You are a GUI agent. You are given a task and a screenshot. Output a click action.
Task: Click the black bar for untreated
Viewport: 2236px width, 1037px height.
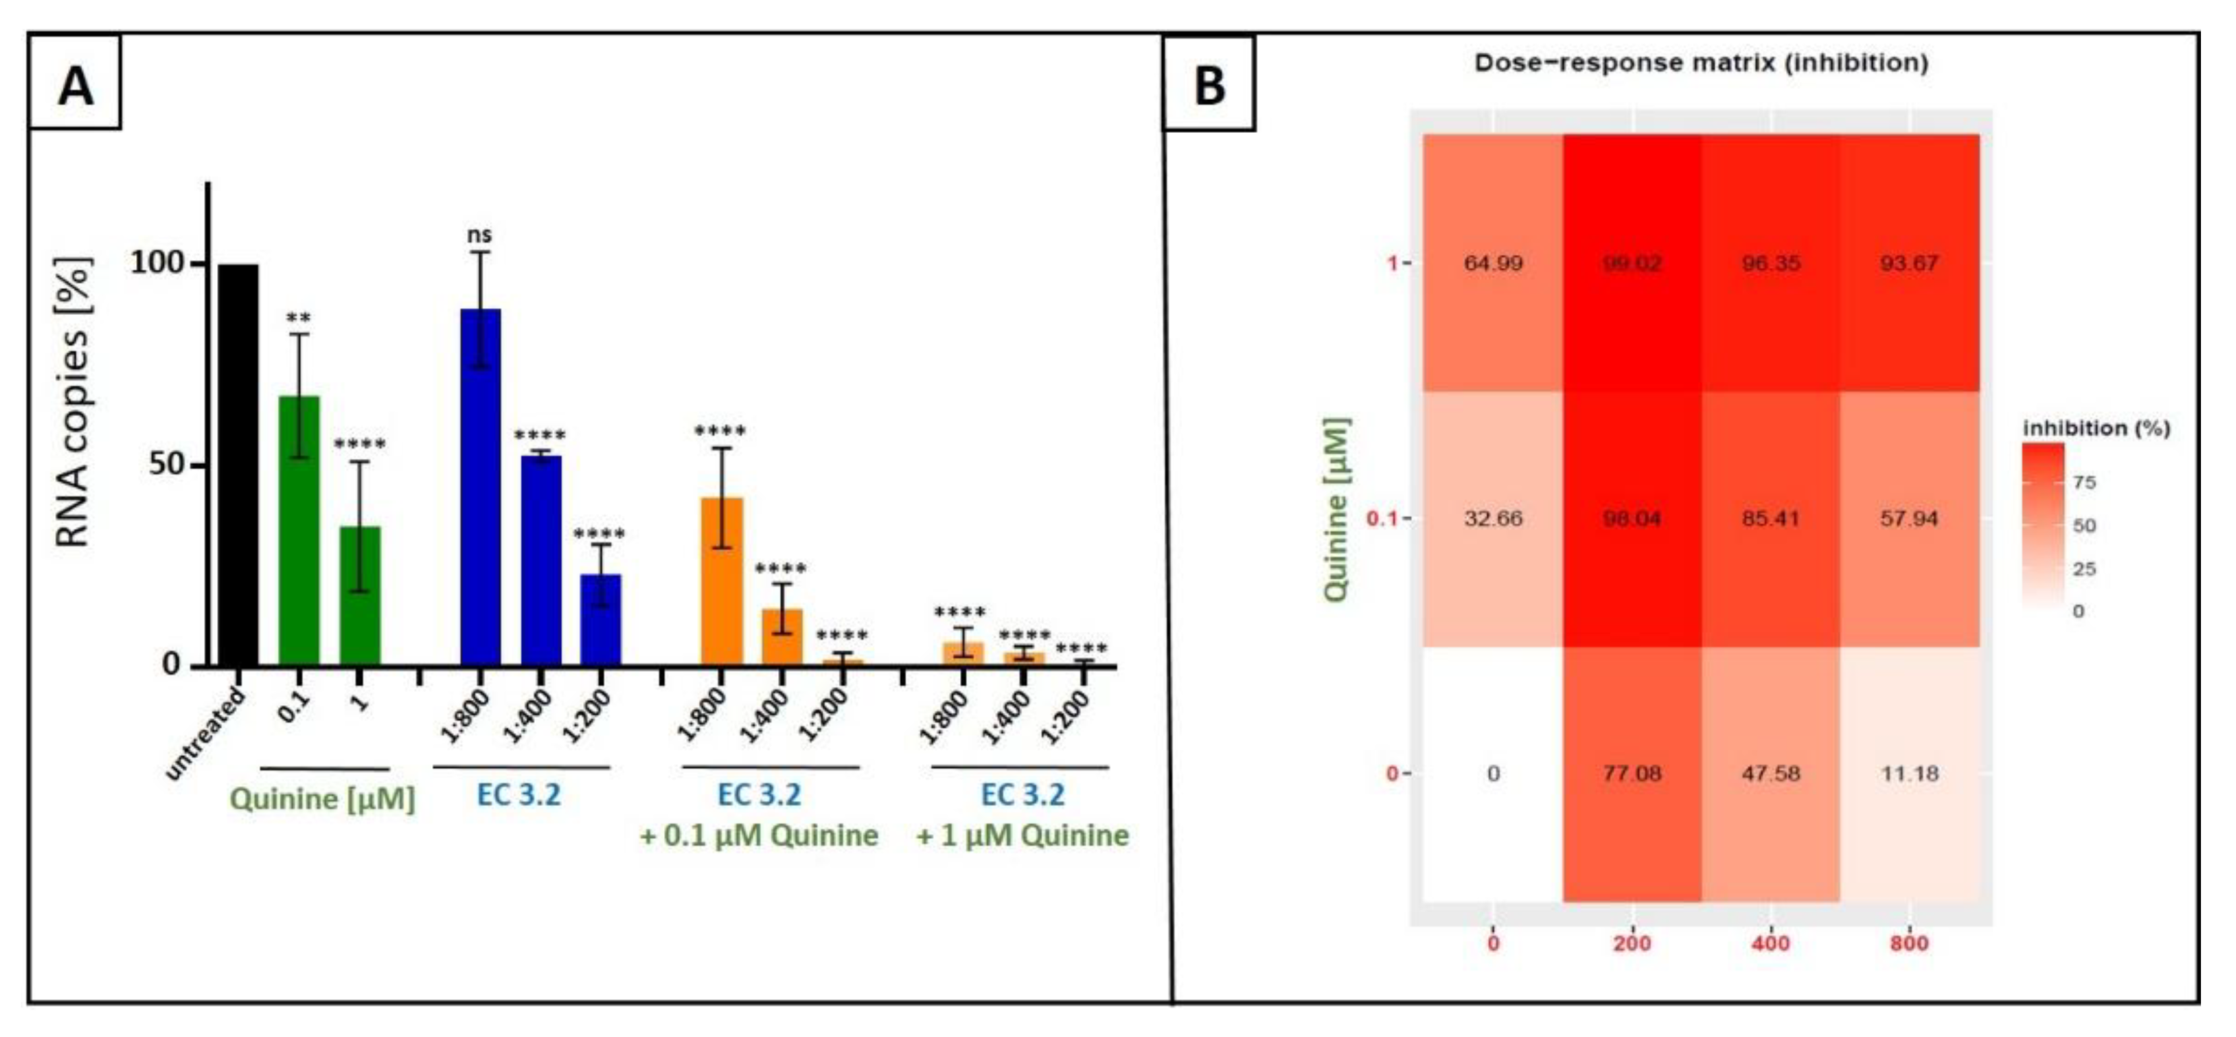pos(238,465)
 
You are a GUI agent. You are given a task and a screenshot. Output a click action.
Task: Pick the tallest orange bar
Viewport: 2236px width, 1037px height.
pos(722,581)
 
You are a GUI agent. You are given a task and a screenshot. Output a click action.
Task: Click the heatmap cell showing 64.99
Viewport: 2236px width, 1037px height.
pos(1493,263)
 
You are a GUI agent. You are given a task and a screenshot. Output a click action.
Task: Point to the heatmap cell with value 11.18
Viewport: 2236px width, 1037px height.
pos(1909,773)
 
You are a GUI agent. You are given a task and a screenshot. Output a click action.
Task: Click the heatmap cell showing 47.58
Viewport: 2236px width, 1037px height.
pos(1770,773)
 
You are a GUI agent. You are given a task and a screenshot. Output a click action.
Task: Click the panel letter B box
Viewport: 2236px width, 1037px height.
pos(1209,85)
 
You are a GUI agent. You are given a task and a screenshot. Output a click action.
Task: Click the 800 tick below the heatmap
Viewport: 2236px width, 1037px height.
pos(1909,943)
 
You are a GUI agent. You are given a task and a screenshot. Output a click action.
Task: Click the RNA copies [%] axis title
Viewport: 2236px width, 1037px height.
pos(73,403)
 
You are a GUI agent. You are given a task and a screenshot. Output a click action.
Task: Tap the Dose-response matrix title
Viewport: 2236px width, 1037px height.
pos(1701,63)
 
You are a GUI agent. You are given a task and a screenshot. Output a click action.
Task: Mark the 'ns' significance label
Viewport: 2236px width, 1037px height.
pos(479,234)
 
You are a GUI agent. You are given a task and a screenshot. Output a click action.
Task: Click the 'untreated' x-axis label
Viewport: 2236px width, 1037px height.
pos(206,734)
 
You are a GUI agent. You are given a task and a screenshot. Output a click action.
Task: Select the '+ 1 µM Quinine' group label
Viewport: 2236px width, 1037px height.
pos(1022,835)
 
